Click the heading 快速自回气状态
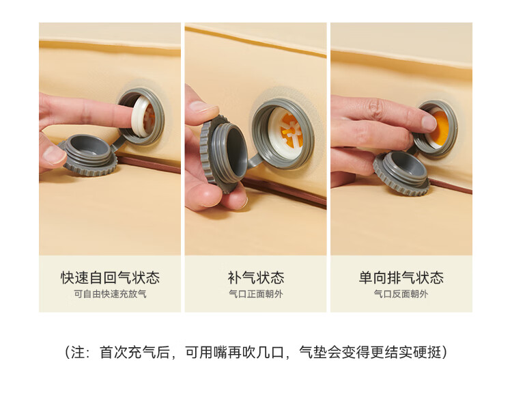point(110,278)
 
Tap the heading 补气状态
point(256,278)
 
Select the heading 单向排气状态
point(401,278)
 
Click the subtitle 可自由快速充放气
point(110,294)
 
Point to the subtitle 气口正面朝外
point(256,294)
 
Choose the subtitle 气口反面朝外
point(401,294)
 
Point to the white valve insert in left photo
point(143,116)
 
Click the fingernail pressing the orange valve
point(429,123)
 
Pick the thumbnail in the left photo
point(53,154)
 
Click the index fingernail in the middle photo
point(199,107)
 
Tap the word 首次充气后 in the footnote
point(134,353)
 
